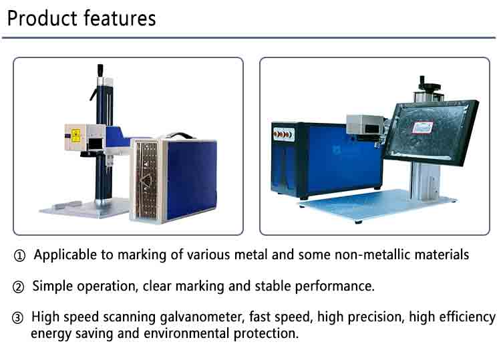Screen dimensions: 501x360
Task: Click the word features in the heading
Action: coord(120,18)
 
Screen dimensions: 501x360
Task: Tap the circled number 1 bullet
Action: coord(19,256)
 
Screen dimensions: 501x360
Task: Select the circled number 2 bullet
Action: coord(18,287)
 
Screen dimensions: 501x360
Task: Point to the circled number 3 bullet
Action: coord(17,318)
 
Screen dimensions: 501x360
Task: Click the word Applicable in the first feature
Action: coord(65,255)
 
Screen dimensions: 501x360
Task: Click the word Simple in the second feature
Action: coord(53,287)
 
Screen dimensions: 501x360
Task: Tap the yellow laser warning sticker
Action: coord(75,136)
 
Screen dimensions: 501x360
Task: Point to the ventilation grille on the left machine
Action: coord(147,180)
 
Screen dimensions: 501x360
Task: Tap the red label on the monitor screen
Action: coord(422,128)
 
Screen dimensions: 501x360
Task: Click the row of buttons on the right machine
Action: coord(283,134)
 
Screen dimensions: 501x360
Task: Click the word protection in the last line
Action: coord(266,333)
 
